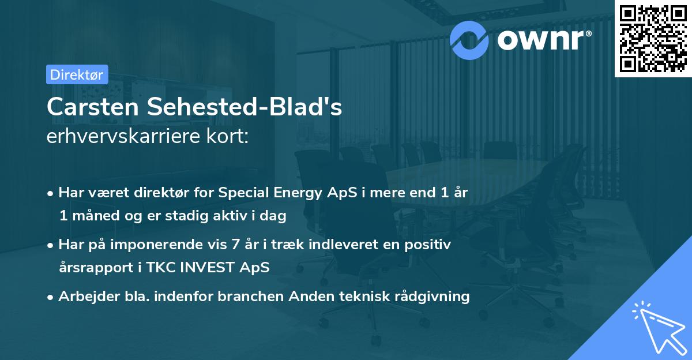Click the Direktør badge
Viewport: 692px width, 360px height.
77,74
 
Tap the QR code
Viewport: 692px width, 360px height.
653,39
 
